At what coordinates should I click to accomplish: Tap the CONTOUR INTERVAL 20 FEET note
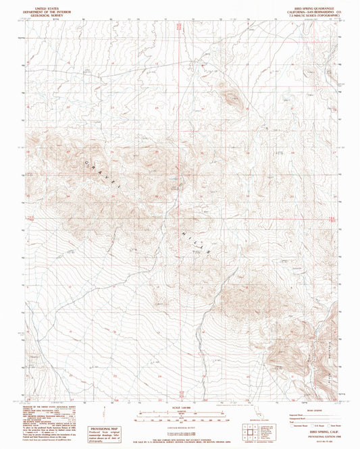pyautogui.click(x=179, y=419)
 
